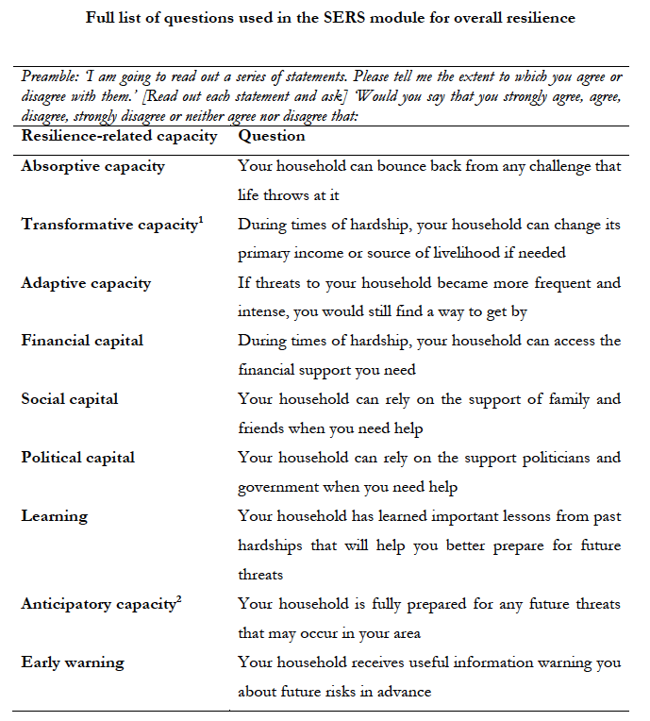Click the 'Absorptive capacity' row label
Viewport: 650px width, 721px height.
tap(92, 166)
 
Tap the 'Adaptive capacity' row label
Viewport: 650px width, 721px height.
tap(86, 283)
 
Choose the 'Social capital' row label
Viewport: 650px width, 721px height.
tap(70, 399)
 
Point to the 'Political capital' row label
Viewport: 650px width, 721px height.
tap(78, 458)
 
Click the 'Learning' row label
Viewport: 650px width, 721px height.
tap(54, 516)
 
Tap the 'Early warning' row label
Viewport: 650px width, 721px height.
tap(73, 662)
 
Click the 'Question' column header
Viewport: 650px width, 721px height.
tap(271, 136)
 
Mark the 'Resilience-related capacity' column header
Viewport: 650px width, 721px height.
tap(119, 136)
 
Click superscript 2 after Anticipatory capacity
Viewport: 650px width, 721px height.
tap(178, 598)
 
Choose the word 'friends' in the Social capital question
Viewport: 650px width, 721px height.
tap(263, 428)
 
